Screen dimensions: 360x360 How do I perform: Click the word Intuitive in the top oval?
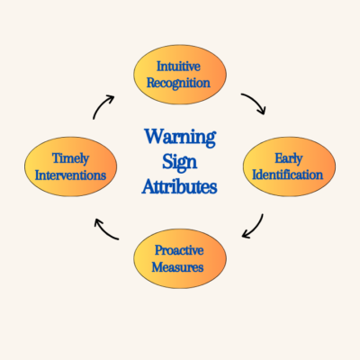pos(178,67)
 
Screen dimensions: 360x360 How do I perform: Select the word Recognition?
pos(178,83)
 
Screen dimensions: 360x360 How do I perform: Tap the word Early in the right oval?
pos(289,158)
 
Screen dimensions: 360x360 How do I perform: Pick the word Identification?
pos(288,175)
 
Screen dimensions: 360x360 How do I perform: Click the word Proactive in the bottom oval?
pos(179,250)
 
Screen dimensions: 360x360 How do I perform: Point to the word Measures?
pos(177,267)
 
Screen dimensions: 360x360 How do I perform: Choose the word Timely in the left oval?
pos(70,158)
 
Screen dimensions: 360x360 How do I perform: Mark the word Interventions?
pos(70,175)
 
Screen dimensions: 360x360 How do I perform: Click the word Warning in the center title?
pos(180,138)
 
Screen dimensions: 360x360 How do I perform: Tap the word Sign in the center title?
pos(180,163)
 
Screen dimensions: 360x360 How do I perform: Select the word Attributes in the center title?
pos(179,186)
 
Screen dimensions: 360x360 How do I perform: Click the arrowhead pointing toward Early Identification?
pos(262,110)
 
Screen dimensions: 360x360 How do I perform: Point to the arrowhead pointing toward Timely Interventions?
pos(98,223)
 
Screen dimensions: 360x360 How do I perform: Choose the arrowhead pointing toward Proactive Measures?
pos(247,234)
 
